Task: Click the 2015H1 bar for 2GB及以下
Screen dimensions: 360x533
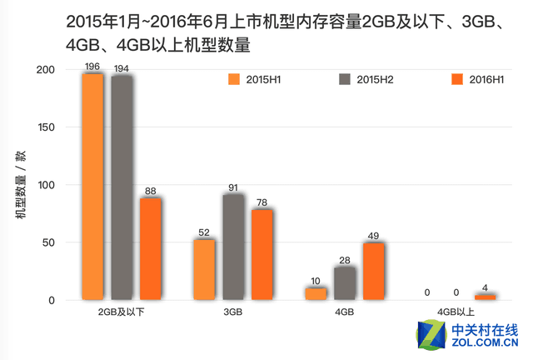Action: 92,187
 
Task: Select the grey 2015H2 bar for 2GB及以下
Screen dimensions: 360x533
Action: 122,187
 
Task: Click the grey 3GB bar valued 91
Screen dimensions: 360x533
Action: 234,247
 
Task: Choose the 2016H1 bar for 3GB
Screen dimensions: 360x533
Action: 262,254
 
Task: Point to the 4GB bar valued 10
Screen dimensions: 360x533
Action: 316,293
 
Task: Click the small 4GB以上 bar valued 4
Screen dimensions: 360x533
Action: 486,297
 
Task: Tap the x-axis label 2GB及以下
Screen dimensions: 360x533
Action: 122,312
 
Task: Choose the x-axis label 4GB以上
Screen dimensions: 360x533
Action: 456,312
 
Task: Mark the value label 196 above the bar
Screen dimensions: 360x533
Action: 92,65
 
